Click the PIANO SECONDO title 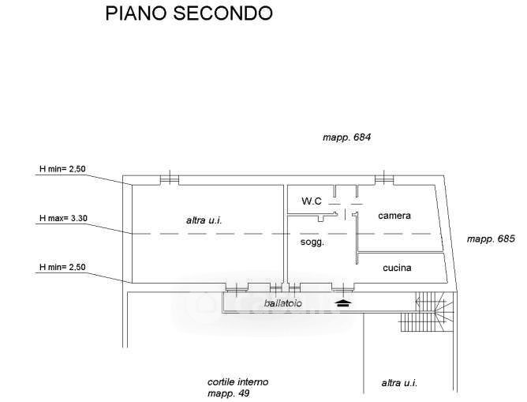pyautogui.click(x=189, y=13)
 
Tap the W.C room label pyautogui.click(x=312, y=201)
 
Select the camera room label pyautogui.click(x=394, y=216)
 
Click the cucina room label pyautogui.click(x=397, y=268)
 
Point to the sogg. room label pyautogui.click(x=312, y=242)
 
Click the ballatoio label pyautogui.click(x=283, y=303)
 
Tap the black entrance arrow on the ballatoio pyautogui.click(x=343, y=302)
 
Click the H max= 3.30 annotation pyautogui.click(x=63, y=218)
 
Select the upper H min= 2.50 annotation pyautogui.click(x=62, y=168)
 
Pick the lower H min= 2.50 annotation pyautogui.click(x=62, y=267)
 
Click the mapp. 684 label pyautogui.click(x=346, y=137)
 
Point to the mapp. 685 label pyautogui.click(x=491, y=239)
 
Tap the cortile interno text pyautogui.click(x=238, y=382)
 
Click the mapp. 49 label pyautogui.click(x=229, y=393)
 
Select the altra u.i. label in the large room pyautogui.click(x=204, y=220)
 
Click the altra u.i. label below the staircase pyautogui.click(x=399, y=383)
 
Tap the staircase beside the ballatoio pyautogui.click(x=427, y=312)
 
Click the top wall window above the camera pyautogui.click(x=384, y=178)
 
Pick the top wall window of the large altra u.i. pyautogui.click(x=169, y=178)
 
